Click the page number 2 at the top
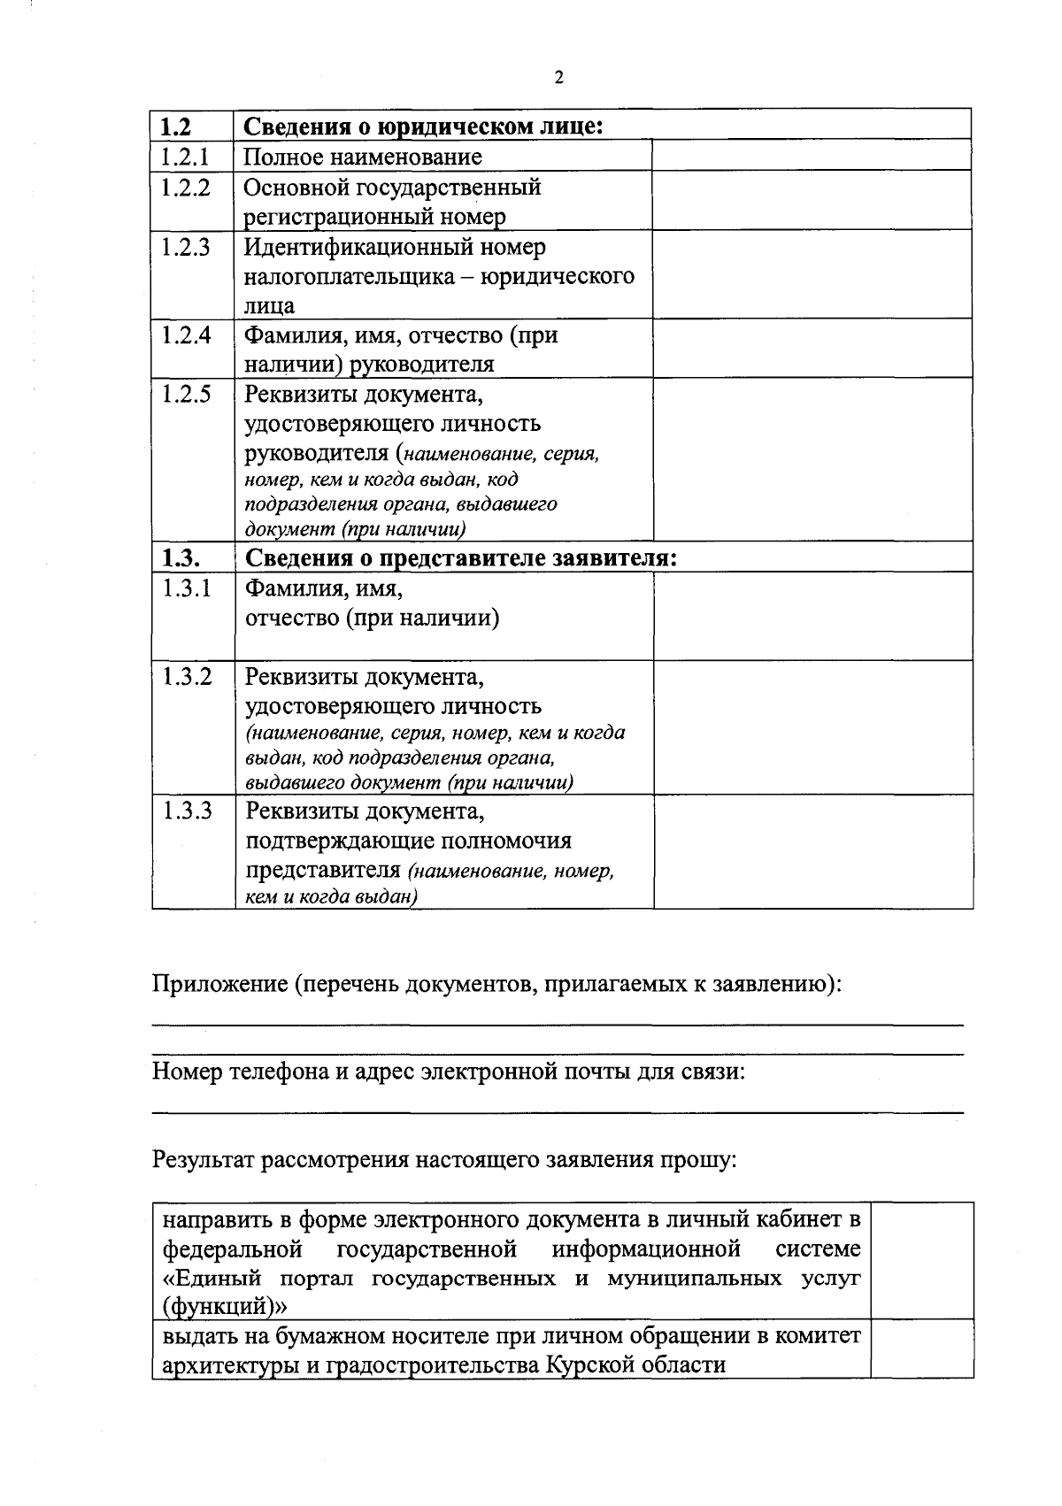point(558,78)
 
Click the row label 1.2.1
point(185,157)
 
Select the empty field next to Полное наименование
point(812,155)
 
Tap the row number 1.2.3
point(186,247)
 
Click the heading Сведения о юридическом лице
point(423,127)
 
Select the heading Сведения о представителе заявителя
point(460,558)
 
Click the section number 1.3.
point(181,558)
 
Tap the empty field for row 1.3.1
point(812,615)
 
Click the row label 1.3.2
point(187,678)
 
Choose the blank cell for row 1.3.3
point(812,851)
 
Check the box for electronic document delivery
point(921,1260)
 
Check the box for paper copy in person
point(921,1348)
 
